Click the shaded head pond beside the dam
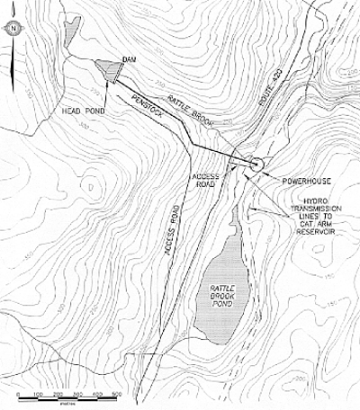[109, 69]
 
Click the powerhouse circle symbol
[256, 165]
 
